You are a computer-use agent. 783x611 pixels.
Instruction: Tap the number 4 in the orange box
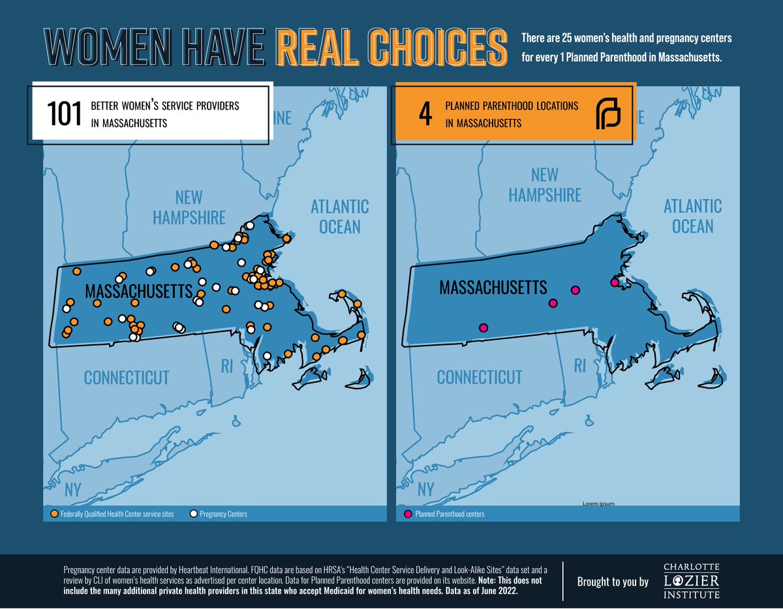[x=425, y=113]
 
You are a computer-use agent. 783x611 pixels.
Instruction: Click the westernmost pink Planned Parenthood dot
[x=483, y=328]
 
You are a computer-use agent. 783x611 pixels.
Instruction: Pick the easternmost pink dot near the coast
[x=614, y=282]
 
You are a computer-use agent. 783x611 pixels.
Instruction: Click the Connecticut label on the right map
[x=480, y=377]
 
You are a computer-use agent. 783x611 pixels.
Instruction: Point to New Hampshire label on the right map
[x=545, y=185]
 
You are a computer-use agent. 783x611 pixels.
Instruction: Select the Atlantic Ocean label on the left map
[x=339, y=216]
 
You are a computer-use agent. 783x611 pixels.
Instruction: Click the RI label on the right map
[x=579, y=366]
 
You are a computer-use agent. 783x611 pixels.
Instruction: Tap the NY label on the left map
[x=72, y=489]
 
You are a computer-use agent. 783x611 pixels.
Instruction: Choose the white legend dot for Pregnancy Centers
[x=193, y=514]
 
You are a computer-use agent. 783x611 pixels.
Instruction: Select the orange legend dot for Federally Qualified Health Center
[x=54, y=514]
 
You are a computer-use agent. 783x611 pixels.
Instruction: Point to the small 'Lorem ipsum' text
[x=598, y=503]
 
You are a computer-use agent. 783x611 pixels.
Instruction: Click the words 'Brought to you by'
[x=613, y=581]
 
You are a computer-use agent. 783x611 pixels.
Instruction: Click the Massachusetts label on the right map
[x=493, y=287]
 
